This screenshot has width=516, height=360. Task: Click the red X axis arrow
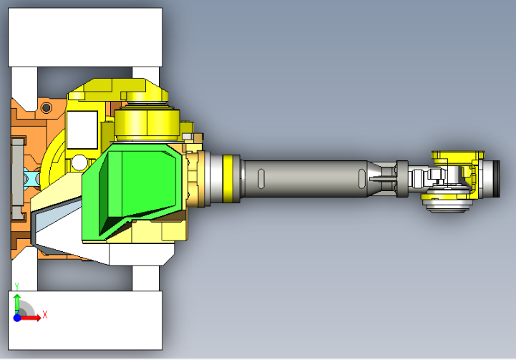point(31,318)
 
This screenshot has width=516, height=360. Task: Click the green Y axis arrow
point(18,303)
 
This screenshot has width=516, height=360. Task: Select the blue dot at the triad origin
point(19,318)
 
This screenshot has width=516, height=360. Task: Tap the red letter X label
point(45,314)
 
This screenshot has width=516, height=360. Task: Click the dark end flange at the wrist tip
point(495,179)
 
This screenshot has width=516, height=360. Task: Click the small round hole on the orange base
point(47,108)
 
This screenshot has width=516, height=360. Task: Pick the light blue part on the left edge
point(30,176)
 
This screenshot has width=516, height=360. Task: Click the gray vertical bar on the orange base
point(18,175)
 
